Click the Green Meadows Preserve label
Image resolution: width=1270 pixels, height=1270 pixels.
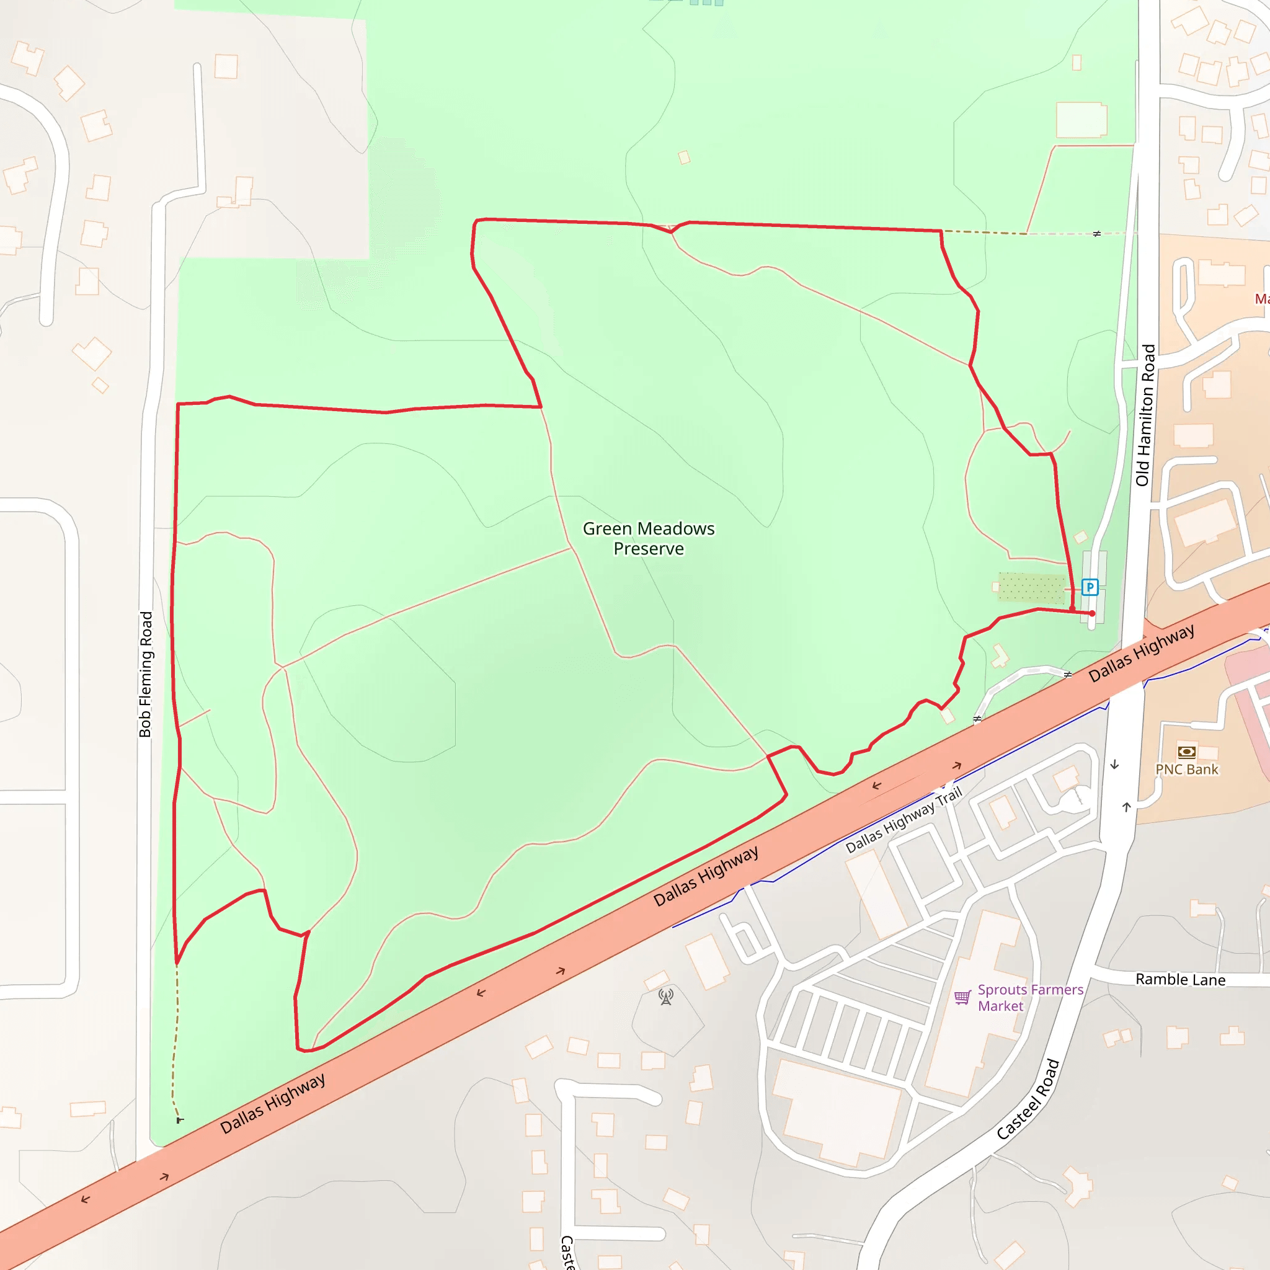point(648,538)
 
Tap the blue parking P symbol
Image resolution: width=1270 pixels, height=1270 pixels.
point(1090,587)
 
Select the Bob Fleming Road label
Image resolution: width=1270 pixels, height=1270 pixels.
point(145,675)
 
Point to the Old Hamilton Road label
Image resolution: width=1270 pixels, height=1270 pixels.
point(1145,415)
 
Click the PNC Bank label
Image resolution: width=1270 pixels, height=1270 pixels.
point(1186,770)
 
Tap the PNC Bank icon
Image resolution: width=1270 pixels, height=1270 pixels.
point(1186,752)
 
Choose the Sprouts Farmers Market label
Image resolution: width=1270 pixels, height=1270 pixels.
point(1030,997)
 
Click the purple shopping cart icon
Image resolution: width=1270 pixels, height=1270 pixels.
point(962,997)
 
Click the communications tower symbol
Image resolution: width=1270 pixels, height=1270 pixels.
point(666,997)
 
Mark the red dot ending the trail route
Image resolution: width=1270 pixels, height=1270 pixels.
point(1093,613)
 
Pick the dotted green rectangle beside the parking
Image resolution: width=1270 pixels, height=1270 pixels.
point(1031,588)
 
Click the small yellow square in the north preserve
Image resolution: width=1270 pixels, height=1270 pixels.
point(685,158)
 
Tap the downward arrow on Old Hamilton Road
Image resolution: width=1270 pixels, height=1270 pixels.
point(1114,765)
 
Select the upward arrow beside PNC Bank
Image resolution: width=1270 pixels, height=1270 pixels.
point(1127,807)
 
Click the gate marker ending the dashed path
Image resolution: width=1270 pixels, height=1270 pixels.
point(179,1120)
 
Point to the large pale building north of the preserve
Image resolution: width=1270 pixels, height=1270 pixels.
point(1081,120)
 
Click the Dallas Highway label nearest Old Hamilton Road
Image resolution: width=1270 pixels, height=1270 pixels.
point(1141,654)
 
